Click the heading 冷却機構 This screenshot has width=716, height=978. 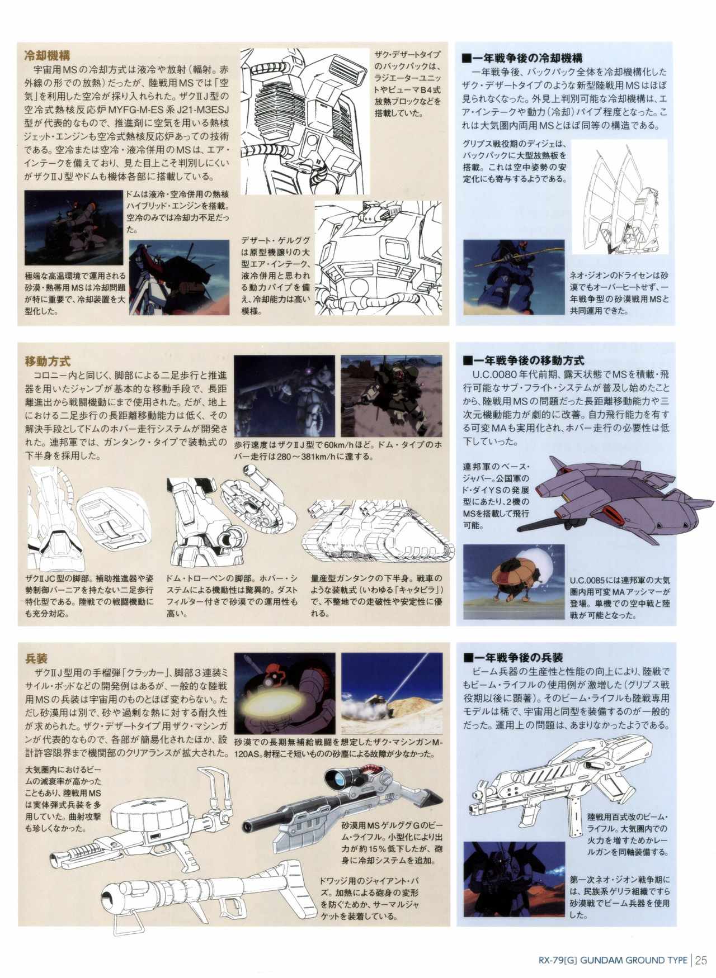(x=47, y=56)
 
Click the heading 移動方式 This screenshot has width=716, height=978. (x=48, y=362)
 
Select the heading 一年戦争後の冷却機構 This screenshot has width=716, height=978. (x=522, y=58)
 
